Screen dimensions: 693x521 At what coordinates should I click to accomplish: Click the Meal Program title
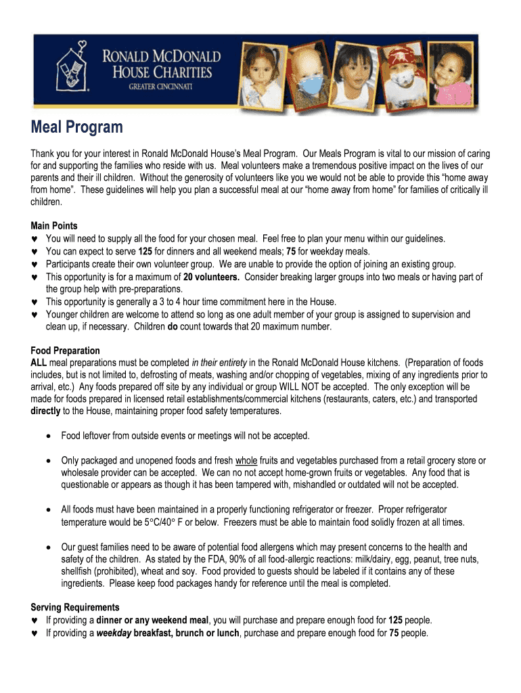coord(76,127)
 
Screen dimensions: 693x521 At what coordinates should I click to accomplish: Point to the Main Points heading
coord(54,226)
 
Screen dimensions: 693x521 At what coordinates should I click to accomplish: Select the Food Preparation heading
coord(66,351)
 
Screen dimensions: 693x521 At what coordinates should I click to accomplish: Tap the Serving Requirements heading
coord(75,607)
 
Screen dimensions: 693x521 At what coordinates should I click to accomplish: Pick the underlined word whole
coord(246,460)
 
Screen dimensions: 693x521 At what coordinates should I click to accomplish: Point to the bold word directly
coord(46,411)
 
